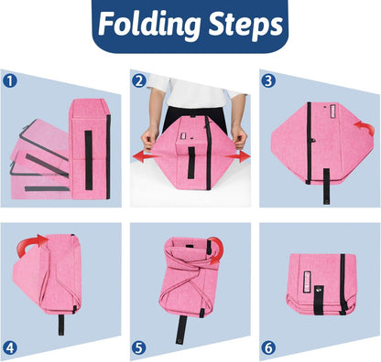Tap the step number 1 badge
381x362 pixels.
[10, 81]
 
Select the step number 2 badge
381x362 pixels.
[139, 81]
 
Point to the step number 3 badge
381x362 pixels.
[268, 81]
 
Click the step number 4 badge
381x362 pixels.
[10, 347]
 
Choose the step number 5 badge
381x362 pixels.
[139, 347]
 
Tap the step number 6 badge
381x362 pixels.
[268, 347]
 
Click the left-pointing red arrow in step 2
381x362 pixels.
[145, 157]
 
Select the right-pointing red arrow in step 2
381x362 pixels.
[237, 156]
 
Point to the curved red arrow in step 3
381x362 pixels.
[365, 128]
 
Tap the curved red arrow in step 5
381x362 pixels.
[217, 250]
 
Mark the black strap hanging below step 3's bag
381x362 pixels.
[326, 186]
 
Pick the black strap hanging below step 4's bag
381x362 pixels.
[61, 325]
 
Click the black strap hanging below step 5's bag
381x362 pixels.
[181, 330]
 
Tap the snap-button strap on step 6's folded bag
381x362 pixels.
[319, 300]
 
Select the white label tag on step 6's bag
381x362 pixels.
[307, 281]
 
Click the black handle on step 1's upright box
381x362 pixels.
[89, 160]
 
